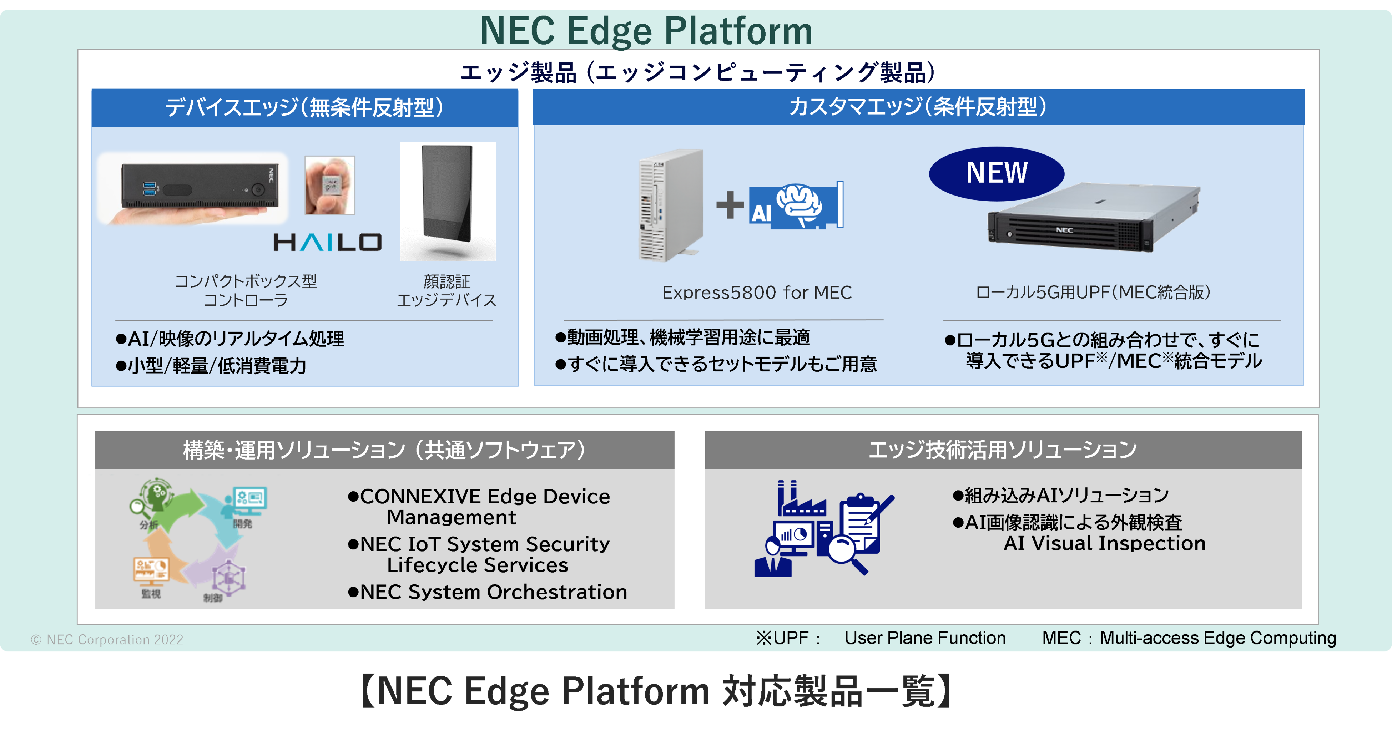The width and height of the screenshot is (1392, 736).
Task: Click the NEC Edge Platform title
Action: (x=646, y=30)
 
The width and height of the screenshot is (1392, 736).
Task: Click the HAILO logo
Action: (x=327, y=243)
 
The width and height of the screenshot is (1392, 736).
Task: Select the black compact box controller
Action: (x=200, y=185)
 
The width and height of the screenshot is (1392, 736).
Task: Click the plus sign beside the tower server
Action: (x=730, y=205)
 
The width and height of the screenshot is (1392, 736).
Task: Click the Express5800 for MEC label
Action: (x=757, y=293)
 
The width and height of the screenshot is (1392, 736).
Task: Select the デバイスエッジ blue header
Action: (x=305, y=107)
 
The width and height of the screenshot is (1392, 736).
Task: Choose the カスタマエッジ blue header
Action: (x=918, y=107)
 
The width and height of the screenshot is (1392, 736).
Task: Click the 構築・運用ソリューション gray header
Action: (x=384, y=450)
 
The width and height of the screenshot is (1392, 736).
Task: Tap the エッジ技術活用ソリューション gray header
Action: (x=1002, y=450)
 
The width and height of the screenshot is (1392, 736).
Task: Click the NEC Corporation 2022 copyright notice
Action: (x=107, y=640)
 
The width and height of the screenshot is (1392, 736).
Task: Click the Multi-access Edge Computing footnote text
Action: (x=1217, y=638)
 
